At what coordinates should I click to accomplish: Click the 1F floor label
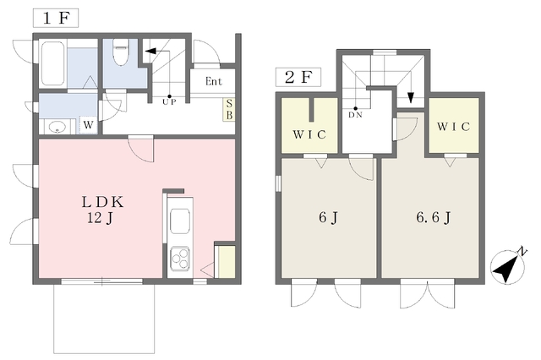pyautogui.click(x=56, y=18)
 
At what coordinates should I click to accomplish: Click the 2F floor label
pyautogui.click(x=298, y=77)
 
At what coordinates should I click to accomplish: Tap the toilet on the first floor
pyautogui.click(x=121, y=52)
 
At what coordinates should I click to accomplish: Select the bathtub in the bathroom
pyautogui.click(x=53, y=63)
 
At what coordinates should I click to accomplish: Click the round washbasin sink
pyautogui.click(x=57, y=128)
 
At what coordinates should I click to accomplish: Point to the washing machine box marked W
pyautogui.click(x=88, y=125)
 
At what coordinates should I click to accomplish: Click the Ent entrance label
pyautogui.click(x=214, y=81)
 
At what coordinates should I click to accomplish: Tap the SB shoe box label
pyautogui.click(x=229, y=109)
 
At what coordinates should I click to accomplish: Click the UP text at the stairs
pyautogui.click(x=169, y=102)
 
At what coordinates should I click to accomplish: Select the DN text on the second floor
pyautogui.click(x=355, y=115)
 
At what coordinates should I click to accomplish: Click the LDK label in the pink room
pyautogui.click(x=102, y=202)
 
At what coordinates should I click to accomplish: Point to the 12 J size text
pyautogui.click(x=100, y=218)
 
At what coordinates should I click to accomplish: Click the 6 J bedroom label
pyautogui.click(x=328, y=217)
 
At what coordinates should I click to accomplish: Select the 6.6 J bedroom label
pyautogui.click(x=434, y=217)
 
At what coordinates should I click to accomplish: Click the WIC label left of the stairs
pyautogui.click(x=309, y=134)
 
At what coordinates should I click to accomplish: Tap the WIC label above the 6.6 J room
pyautogui.click(x=453, y=127)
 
